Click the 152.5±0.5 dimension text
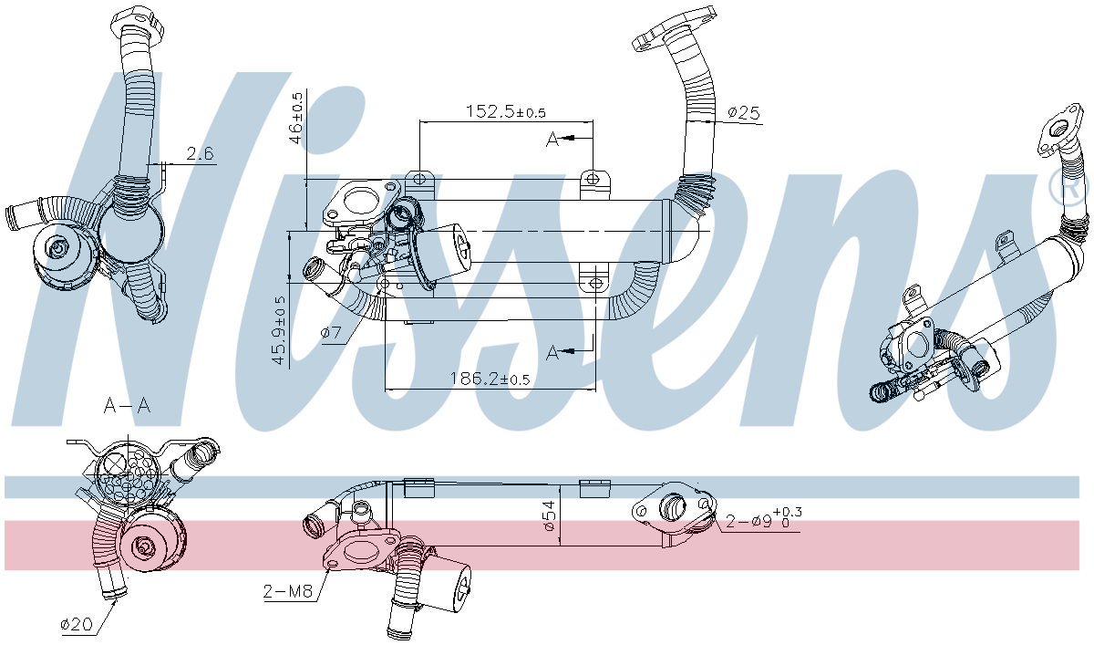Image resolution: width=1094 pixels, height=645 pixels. click(x=505, y=112)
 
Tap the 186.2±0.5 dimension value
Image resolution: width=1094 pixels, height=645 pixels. click(x=490, y=379)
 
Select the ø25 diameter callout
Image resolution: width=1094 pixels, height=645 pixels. click(x=744, y=113)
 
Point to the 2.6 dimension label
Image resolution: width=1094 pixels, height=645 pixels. click(x=201, y=153)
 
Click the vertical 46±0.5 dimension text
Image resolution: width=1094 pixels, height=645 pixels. click(x=296, y=118)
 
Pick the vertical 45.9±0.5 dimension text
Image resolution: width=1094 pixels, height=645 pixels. click(x=280, y=330)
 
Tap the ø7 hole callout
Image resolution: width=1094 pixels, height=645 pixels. click(x=331, y=333)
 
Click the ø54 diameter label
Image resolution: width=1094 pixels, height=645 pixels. click(x=549, y=515)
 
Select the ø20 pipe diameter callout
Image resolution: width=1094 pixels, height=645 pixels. click(x=77, y=624)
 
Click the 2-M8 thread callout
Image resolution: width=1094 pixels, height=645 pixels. click(x=288, y=591)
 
